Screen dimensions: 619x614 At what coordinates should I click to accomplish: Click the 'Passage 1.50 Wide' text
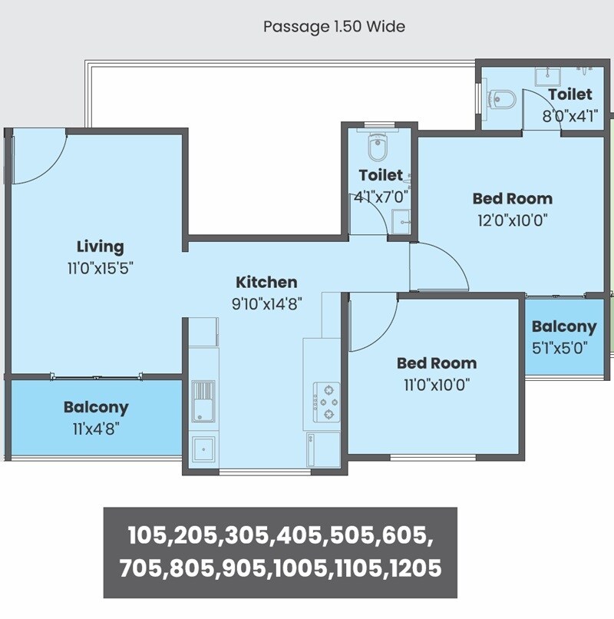click(x=334, y=27)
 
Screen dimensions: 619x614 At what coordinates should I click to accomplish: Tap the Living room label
click(x=100, y=247)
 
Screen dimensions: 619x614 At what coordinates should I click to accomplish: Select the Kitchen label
click(x=266, y=282)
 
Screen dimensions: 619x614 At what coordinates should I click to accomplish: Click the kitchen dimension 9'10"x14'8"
click(x=266, y=303)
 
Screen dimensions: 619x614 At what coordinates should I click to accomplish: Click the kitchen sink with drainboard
click(x=203, y=401)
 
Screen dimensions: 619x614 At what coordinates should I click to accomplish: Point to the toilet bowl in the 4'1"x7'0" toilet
click(x=378, y=146)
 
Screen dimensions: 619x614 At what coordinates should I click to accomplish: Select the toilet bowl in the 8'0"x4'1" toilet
click(x=503, y=98)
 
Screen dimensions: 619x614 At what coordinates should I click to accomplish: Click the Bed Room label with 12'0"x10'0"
click(x=512, y=198)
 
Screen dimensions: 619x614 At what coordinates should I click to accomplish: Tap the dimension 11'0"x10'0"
click(x=436, y=385)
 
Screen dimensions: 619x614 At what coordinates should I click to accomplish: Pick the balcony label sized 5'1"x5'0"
click(x=563, y=326)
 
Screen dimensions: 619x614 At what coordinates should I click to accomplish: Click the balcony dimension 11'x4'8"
click(x=96, y=429)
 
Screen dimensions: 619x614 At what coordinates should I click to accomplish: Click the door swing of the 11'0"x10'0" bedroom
click(x=371, y=319)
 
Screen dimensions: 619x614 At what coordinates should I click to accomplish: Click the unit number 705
click(x=144, y=568)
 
